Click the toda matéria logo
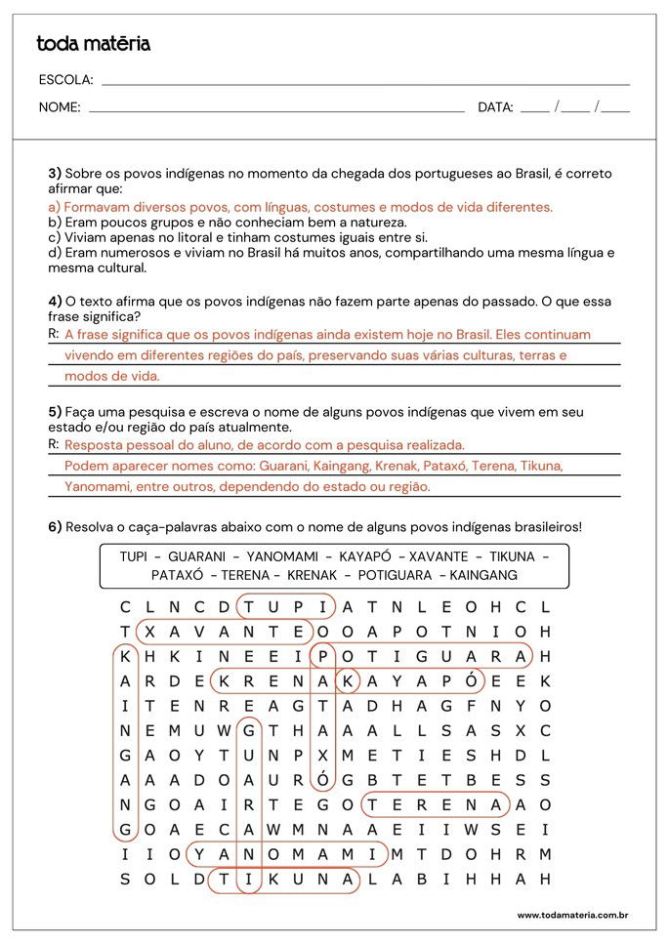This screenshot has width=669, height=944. click(x=94, y=44)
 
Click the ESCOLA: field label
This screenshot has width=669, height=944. click(x=66, y=80)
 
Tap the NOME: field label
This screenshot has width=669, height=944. click(x=60, y=107)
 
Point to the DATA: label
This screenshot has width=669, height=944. click(x=495, y=107)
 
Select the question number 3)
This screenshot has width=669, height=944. click(x=55, y=174)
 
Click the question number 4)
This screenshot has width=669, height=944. click(x=56, y=301)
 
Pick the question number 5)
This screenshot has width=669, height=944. click(x=56, y=412)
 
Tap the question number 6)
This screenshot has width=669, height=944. click(x=56, y=527)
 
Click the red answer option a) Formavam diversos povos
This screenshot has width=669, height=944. click(x=301, y=207)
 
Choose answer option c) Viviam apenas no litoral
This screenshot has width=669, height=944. click(x=238, y=237)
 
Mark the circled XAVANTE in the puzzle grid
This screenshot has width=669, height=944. click(x=224, y=632)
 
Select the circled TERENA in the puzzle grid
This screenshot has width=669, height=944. click(x=436, y=804)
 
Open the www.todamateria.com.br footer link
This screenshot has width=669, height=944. click(x=571, y=916)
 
